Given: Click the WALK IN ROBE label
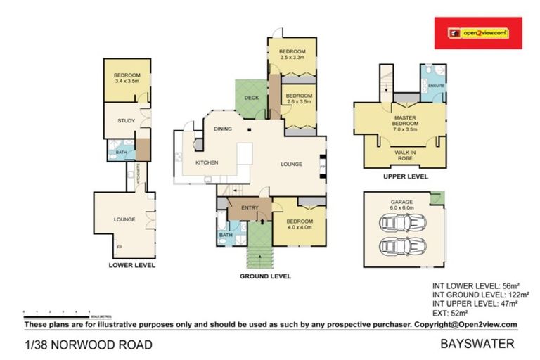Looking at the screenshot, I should pos(404,153).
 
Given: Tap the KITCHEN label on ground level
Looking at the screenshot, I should pos(206,163).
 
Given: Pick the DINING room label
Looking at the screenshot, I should pos(223,129).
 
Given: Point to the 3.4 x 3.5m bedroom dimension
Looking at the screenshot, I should pos(127,82).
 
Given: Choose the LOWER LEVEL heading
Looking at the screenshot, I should pos(131,266).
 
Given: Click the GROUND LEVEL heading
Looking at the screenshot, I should pos(264,277).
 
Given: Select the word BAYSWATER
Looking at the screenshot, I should pos(477,344).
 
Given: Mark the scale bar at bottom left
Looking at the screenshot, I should pos(56,311).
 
